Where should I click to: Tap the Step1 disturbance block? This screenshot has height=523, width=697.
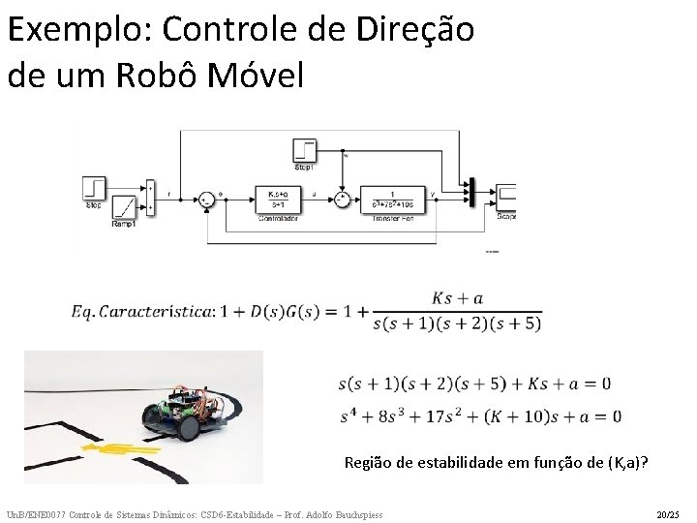[304, 150]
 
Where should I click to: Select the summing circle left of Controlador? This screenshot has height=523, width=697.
[205, 200]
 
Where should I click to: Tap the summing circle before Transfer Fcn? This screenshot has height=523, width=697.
[342, 199]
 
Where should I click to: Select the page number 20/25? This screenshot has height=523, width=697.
[668, 513]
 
